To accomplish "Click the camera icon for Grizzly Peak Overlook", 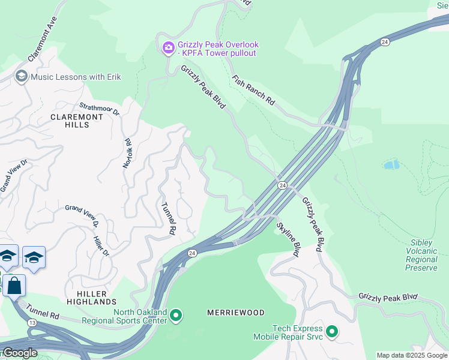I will point(169,47).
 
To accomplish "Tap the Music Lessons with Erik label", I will point(76,77).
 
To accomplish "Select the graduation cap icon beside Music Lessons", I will point(22,76).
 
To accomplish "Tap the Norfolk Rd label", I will point(127,153).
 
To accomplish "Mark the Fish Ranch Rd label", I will point(253,91).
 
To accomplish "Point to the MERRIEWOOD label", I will point(235,313).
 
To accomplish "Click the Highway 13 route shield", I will point(31,323).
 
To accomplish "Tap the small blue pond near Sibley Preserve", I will point(391,164).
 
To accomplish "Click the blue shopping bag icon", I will point(14,286).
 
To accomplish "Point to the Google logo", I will point(19,353).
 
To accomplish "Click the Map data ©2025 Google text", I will point(412,355).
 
